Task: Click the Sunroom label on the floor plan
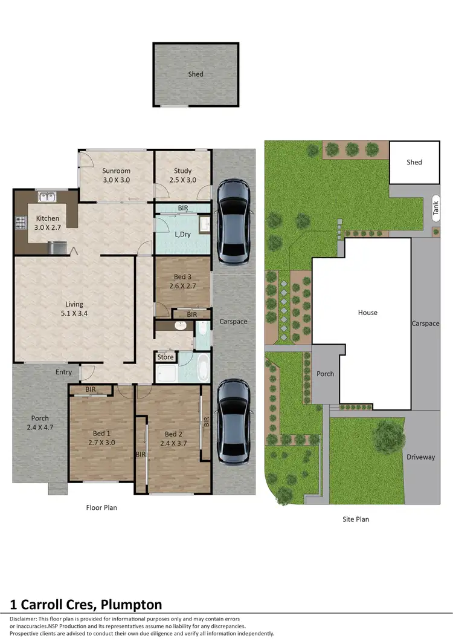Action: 117,175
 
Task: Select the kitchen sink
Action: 46,197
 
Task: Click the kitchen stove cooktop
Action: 20,223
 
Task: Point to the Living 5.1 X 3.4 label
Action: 74,308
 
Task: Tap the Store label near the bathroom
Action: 165,357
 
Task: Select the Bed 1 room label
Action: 101,438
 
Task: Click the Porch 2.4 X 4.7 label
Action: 40,422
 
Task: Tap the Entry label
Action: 63,373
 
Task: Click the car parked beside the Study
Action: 233,222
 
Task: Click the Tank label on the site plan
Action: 435,209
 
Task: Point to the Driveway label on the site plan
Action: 420,457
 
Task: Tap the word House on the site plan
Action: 367,313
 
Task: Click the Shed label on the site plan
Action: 414,162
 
